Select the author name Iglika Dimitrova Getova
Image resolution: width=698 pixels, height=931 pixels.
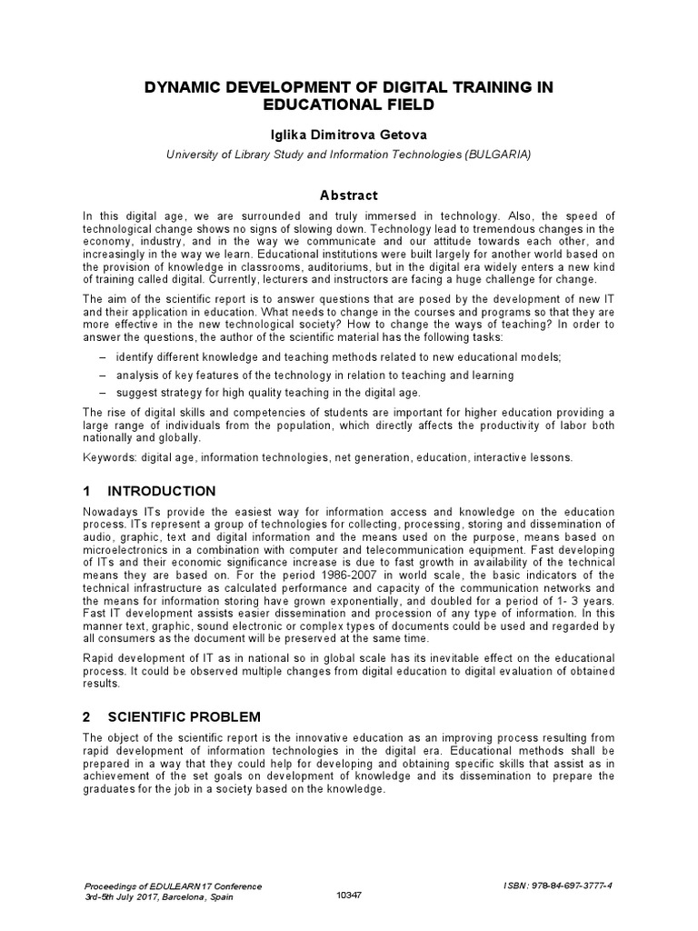click(348, 135)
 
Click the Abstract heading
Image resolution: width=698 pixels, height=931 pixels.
click(348, 195)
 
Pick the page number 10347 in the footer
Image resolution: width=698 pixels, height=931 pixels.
click(348, 896)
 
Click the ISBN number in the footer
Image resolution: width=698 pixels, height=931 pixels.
click(571, 885)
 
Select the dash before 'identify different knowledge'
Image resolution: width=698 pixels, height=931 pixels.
click(102, 357)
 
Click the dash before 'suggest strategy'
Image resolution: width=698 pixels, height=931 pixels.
click(102, 392)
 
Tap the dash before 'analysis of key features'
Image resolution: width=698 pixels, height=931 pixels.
click(102, 375)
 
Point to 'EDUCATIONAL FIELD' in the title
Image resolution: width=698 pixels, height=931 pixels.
click(348, 105)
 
